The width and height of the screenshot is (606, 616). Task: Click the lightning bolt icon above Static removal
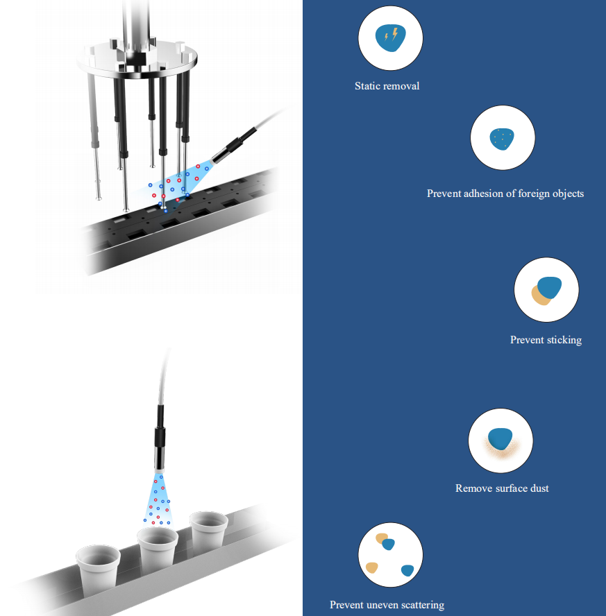click(x=390, y=38)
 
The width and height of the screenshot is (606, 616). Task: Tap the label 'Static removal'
click(x=387, y=86)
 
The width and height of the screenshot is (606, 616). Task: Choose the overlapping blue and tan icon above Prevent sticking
click(x=546, y=290)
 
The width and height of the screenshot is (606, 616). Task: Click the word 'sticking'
click(x=564, y=340)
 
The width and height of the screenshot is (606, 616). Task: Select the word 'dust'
click(x=539, y=488)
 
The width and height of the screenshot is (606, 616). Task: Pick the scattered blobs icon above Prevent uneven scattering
click(x=390, y=555)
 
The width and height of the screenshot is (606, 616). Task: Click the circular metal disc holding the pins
click(x=137, y=59)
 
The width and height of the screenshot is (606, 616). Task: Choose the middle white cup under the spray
click(x=157, y=548)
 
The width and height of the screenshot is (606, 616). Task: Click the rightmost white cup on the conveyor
click(x=208, y=531)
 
